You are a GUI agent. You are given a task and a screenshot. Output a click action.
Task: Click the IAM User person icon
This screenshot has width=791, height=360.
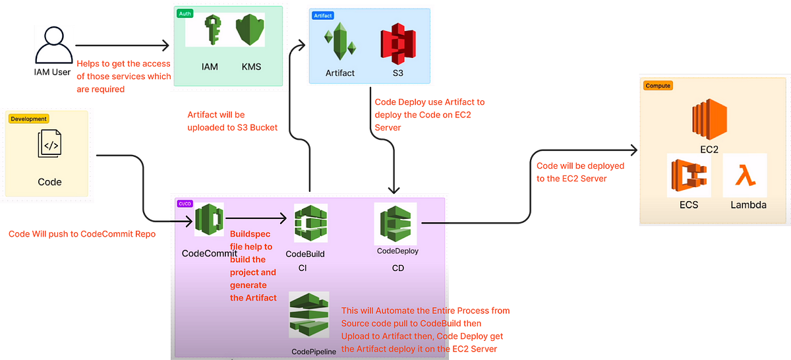coord(53,45)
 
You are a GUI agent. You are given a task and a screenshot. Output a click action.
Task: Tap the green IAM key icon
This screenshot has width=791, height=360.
coord(212,30)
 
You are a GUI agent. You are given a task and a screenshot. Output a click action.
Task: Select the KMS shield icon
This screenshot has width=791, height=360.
coord(250,30)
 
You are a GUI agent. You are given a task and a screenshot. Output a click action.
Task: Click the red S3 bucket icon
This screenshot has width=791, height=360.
coord(398,44)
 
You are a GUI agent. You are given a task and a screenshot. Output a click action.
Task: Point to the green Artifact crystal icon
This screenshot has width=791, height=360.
coord(339,41)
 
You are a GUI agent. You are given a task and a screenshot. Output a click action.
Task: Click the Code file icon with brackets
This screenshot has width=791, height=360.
coord(49,144)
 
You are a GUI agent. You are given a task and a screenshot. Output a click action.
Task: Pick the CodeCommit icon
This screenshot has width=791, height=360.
coord(209,220)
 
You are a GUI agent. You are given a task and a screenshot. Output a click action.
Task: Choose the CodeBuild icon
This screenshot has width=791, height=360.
coord(310,223)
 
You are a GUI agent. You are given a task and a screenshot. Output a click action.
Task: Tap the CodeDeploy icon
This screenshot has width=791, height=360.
coord(395,224)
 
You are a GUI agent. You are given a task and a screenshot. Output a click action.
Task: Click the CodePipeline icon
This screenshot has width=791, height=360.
coord(309,315)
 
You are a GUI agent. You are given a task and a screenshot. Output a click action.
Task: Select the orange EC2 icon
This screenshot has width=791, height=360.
coord(709,119)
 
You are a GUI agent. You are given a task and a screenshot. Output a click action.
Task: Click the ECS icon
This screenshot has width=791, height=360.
coord(689,175)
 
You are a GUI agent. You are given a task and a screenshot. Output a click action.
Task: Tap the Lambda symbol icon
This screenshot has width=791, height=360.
coord(745,175)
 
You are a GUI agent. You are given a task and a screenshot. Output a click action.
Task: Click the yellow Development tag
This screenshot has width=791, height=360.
coord(28,119)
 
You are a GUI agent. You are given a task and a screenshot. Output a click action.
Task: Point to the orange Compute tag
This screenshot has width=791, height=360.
coord(658,86)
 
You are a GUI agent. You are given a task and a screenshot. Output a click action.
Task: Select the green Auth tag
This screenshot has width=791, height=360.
coord(185,13)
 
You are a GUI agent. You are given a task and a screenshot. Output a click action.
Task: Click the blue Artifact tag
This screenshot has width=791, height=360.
coord(323,16)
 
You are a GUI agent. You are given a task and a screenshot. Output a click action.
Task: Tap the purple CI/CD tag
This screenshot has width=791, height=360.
coord(185,204)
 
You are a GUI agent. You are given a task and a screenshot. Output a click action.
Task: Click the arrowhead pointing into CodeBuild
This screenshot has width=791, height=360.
coord(283,218)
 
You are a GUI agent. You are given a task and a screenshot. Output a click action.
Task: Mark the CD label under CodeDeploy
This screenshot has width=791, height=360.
coord(398,268)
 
